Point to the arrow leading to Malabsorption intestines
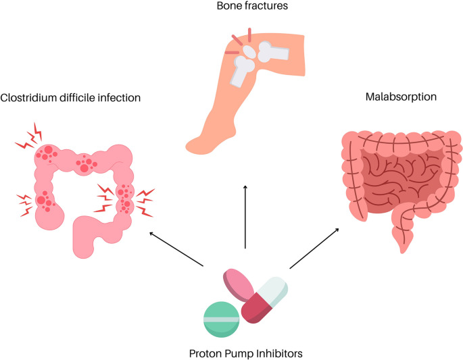(x=314, y=249)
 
